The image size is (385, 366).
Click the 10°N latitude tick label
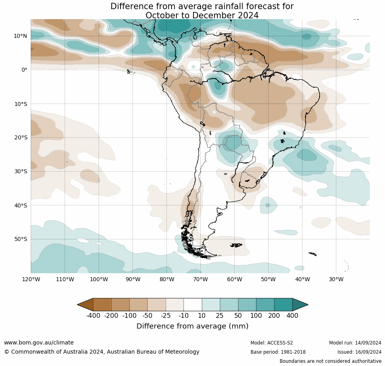point(20,36)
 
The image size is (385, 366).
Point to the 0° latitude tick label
point(24,70)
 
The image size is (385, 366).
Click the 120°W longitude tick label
point(31,279)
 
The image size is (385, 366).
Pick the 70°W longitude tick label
point(200,279)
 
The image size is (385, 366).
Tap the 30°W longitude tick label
point(336,279)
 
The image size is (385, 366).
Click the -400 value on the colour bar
point(93,316)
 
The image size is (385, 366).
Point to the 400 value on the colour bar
point(292,316)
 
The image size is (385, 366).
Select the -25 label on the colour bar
point(166,316)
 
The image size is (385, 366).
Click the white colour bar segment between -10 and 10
point(193,305)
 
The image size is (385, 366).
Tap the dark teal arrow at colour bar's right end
point(300,305)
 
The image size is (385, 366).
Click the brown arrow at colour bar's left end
point(85,305)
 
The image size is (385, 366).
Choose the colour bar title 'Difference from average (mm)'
point(192,326)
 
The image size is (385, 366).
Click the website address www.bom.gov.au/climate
point(39,343)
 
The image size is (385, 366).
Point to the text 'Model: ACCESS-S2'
point(272,343)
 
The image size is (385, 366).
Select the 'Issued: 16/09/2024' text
point(359,352)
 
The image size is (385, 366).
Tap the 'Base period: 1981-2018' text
point(278,352)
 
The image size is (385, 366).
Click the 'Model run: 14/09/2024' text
point(355,343)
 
